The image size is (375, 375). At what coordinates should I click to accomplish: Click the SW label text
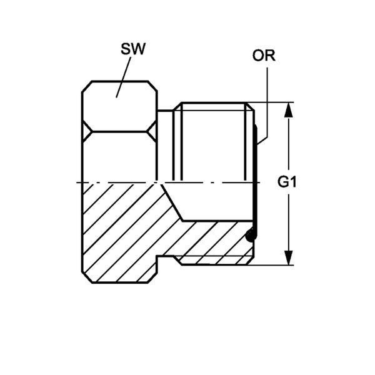pos(133,49)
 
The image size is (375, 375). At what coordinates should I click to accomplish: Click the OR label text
pos(264,56)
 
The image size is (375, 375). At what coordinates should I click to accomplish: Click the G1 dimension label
pos(287,182)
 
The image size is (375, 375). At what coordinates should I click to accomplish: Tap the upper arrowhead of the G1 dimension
pos(289,109)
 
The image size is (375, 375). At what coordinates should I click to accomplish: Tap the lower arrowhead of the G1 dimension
pos(289,257)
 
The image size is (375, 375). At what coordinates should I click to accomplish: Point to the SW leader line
pos(123,77)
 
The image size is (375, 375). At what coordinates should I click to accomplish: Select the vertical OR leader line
pos(267,103)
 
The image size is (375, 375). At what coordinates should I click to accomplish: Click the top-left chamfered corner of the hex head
pos(87,86)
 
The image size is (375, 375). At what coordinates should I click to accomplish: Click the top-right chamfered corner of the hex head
pos(152,86)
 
